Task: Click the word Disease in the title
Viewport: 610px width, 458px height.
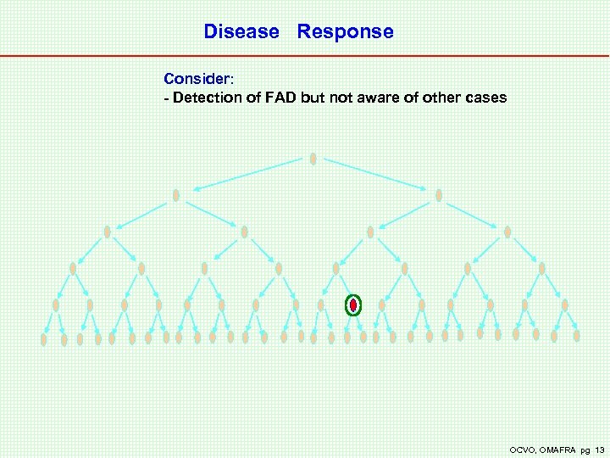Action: point(241,32)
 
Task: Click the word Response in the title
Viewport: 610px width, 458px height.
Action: point(345,32)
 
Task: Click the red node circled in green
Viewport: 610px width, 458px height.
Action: point(353,304)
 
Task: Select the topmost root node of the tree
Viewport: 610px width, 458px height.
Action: point(313,159)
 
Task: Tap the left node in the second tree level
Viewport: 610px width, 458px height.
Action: point(176,195)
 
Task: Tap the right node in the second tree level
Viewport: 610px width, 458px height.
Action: point(439,195)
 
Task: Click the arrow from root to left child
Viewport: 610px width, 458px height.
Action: point(246,174)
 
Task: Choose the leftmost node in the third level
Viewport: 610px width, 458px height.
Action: point(107,232)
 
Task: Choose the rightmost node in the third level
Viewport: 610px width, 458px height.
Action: point(507,232)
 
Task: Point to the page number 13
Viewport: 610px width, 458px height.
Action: point(600,449)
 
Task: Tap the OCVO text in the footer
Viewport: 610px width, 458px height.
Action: point(521,449)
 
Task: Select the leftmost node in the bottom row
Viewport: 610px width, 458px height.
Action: point(43,339)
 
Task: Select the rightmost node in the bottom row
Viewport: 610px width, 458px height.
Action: point(577,336)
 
